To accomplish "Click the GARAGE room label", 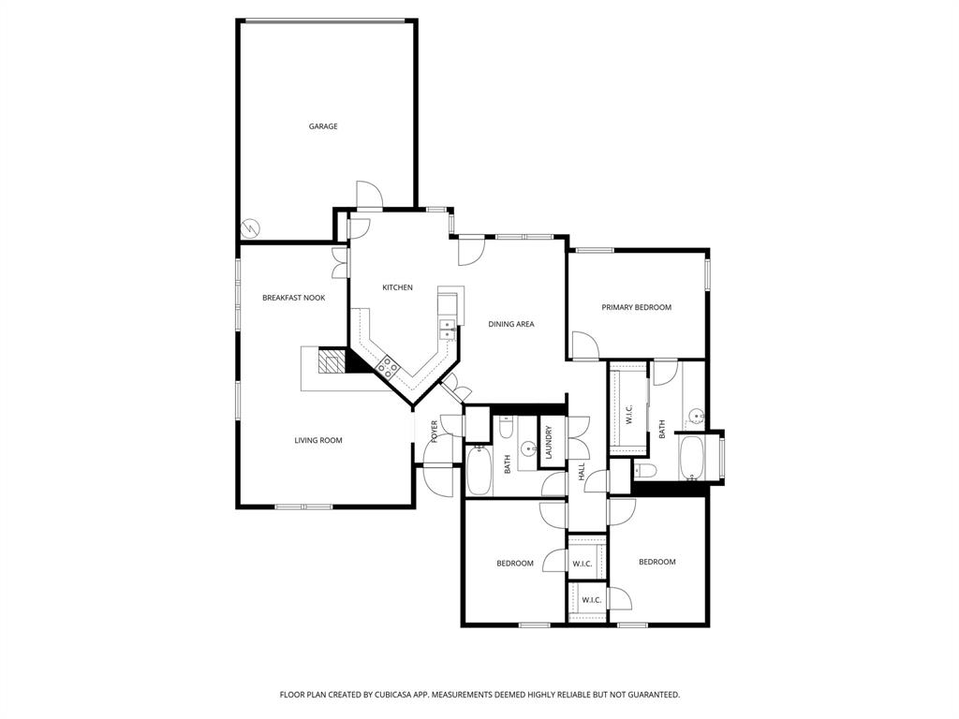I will coord(323,126).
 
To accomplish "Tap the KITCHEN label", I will coord(397,287).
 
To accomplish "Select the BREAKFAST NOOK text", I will coord(293,298).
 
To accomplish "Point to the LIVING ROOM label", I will coord(318,440).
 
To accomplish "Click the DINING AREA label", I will coord(511,324).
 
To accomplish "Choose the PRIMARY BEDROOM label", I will coord(637,307).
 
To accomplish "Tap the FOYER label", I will coord(435,431).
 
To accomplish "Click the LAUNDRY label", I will coord(550,442).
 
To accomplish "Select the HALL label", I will coord(582,474).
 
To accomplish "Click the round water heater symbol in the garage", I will coord(251,227).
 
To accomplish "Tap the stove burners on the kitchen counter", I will coord(387,366).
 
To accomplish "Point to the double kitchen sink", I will coord(449,327).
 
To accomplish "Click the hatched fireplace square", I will coord(332,361).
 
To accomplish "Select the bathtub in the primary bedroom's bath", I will coord(694,459).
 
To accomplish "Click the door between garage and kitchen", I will coord(369,197).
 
